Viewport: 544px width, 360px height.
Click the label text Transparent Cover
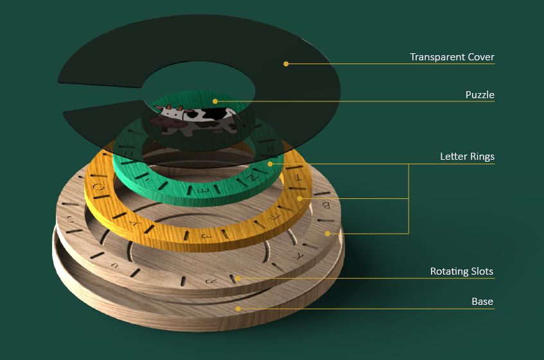point(452,57)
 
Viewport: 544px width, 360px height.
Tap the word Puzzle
point(480,95)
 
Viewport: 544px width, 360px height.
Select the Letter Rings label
point(467,156)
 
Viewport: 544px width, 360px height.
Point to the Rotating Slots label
point(461,271)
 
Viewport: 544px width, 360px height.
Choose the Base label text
point(482,302)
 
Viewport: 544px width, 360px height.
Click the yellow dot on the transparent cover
point(286,64)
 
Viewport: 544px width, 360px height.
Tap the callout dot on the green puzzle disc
point(215,101)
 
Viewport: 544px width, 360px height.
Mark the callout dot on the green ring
point(270,164)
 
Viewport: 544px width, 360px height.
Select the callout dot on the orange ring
point(299,198)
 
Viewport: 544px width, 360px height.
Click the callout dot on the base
point(238,309)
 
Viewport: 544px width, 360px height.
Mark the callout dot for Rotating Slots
point(238,278)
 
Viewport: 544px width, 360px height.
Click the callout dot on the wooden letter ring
point(327,233)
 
